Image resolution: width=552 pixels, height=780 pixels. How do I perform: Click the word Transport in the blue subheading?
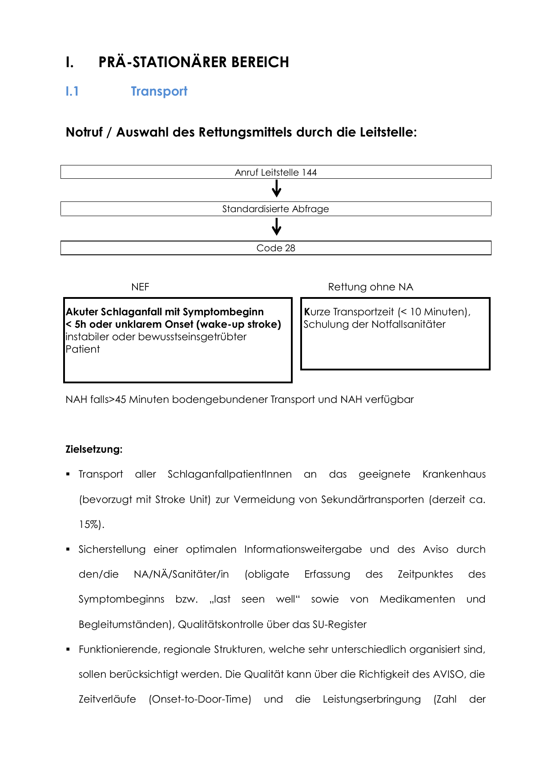[x=159, y=91]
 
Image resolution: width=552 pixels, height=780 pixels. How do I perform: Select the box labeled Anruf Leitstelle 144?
[x=276, y=172]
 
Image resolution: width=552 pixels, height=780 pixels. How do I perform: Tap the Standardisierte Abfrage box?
[x=276, y=209]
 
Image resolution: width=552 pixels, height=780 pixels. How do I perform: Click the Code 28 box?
[x=276, y=248]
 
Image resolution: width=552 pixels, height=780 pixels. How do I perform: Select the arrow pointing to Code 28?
[x=276, y=227]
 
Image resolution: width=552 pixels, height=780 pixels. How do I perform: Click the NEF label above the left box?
[x=140, y=287]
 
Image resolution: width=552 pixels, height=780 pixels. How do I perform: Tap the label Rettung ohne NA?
[x=371, y=287]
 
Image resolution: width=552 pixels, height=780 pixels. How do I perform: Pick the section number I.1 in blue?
[x=72, y=91]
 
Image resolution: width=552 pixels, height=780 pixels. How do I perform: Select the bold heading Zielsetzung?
[x=94, y=449]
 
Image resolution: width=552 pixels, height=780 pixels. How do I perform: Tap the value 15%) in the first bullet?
[x=91, y=524]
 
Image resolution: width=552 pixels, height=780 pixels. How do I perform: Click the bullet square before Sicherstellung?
[x=68, y=549]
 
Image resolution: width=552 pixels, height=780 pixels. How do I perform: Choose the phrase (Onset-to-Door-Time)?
[x=200, y=699]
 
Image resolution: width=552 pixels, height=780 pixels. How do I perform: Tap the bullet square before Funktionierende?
[x=68, y=649]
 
